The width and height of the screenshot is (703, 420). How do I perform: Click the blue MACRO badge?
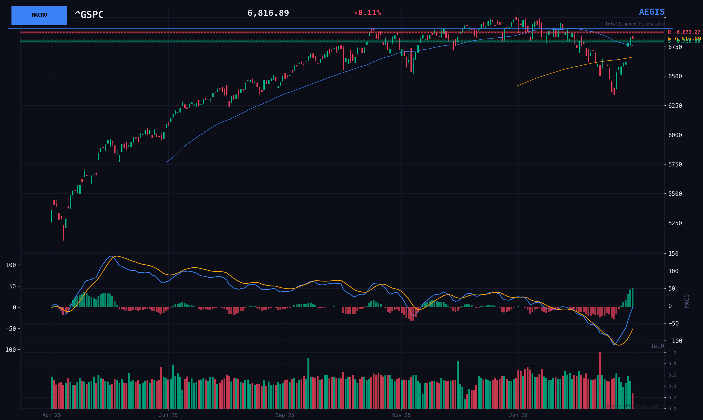[x=39, y=15]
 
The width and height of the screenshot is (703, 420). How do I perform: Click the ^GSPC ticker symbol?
[x=89, y=15]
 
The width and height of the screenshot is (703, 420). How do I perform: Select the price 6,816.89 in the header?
[x=268, y=13]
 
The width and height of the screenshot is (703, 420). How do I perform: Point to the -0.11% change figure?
[x=367, y=13]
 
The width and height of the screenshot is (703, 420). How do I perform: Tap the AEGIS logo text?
[x=651, y=12]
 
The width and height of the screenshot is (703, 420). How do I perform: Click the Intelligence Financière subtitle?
[x=635, y=24]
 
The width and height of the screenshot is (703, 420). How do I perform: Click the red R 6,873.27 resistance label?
[x=684, y=32]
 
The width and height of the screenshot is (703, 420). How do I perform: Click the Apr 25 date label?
[x=52, y=415]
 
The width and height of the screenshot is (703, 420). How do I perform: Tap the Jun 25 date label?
[x=168, y=415]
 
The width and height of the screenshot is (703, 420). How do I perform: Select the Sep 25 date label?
[x=284, y=415]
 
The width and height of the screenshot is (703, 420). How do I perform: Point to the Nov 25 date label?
[x=401, y=415]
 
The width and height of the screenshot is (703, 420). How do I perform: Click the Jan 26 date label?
[x=518, y=415]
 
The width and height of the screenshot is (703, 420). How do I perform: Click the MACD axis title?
[x=687, y=301]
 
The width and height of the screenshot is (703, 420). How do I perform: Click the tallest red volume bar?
[x=600, y=380]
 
